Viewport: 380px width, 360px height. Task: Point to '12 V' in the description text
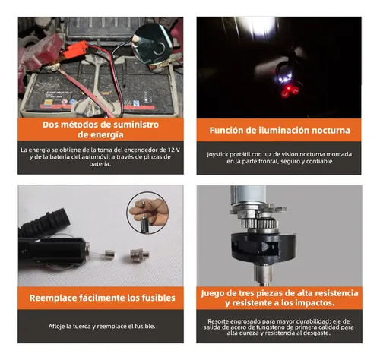(x=174, y=150)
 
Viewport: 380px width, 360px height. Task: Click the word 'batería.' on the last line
(x=100, y=164)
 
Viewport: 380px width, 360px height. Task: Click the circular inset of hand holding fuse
(x=148, y=212)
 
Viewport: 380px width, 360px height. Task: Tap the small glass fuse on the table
(x=109, y=254)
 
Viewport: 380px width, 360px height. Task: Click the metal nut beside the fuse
(x=139, y=255)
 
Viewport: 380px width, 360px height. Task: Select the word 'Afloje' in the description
(x=56, y=327)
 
